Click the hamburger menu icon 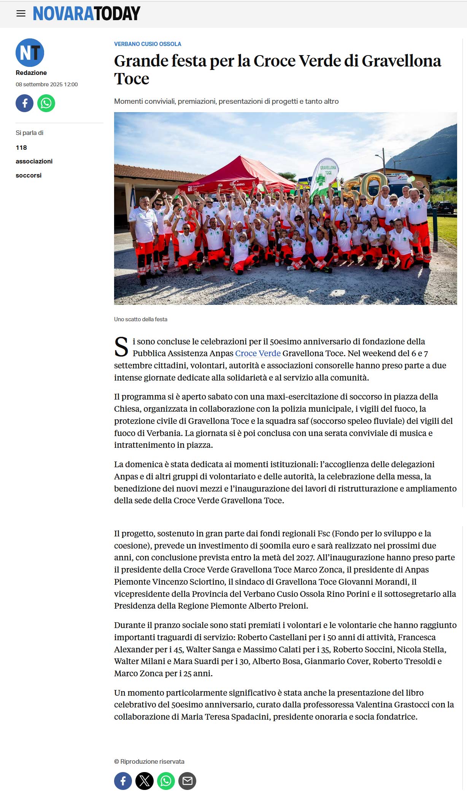click(21, 14)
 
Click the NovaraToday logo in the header click(86, 14)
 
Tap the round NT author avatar click(30, 52)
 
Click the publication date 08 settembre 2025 click(46, 84)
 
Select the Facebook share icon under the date click(24, 103)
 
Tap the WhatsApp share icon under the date click(46, 103)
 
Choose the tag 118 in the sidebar click(21, 147)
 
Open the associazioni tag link click(34, 161)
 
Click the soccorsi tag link click(29, 175)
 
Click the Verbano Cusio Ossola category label click(148, 44)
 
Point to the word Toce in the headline click(132, 79)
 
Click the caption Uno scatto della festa click(141, 319)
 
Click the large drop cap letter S click(121, 347)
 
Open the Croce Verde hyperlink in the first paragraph click(257, 353)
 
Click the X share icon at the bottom click(145, 781)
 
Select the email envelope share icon click(187, 781)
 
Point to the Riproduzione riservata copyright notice click(149, 761)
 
